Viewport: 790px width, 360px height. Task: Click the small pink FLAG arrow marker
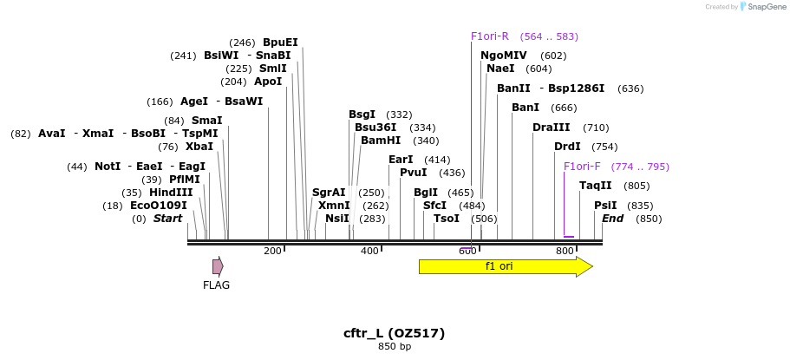tap(218, 266)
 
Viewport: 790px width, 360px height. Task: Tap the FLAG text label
tap(216, 285)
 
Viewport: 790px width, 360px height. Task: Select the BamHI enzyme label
tap(381, 141)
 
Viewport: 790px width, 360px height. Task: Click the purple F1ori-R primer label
tap(490, 36)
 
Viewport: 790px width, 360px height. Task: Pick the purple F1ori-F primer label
tap(582, 167)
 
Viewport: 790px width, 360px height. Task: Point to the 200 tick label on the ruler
tap(272, 251)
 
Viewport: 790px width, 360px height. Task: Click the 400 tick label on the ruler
tap(369, 251)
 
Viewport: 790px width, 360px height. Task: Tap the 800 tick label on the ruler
tap(565, 251)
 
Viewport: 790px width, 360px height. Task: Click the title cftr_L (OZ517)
tap(395, 333)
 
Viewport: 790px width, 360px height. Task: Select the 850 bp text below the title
tap(395, 347)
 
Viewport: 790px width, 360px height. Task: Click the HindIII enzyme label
tap(171, 193)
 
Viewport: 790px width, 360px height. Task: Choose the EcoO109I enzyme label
tap(158, 206)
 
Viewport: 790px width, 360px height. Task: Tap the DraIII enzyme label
tap(552, 128)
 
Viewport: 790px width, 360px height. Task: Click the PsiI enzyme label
tap(605, 206)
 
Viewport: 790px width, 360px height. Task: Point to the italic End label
tap(612, 219)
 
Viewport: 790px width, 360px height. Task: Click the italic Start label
tap(167, 219)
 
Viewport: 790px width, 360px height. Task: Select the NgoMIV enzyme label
tap(504, 56)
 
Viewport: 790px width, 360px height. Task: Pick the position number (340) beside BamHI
tap(426, 141)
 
